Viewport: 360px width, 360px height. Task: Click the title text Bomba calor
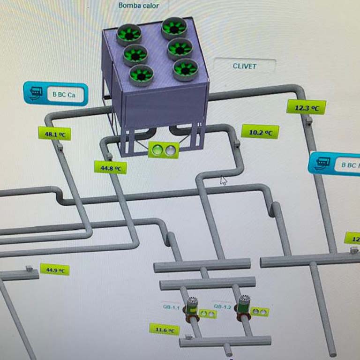click(x=138, y=6)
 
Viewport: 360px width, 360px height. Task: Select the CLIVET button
click(x=244, y=66)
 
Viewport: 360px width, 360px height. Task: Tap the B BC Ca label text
click(x=64, y=94)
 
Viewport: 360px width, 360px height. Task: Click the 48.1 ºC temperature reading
click(x=54, y=134)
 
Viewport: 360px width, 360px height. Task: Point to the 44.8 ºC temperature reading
click(x=111, y=167)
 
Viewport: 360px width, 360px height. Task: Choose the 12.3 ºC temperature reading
click(x=307, y=107)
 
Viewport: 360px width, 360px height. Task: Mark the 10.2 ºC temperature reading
click(x=260, y=132)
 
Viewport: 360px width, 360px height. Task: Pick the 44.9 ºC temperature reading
click(x=55, y=270)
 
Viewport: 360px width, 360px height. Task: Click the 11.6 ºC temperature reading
click(x=165, y=330)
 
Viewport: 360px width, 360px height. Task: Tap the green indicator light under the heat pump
click(x=157, y=150)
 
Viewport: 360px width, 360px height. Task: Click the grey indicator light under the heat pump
click(x=171, y=150)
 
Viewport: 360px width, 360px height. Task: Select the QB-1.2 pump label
click(x=222, y=307)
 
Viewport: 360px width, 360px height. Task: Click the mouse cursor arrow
click(x=224, y=180)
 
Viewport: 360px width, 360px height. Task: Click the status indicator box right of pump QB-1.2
click(x=260, y=311)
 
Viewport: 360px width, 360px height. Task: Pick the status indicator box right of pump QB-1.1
click(x=207, y=313)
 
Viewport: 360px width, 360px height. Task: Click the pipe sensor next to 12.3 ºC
click(x=309, y=121)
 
